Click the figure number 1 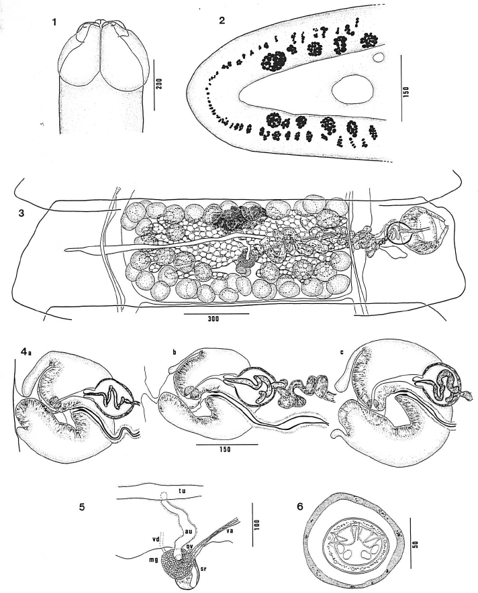pos(55,22)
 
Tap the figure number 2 pos(222,20)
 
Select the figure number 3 pos(21,213)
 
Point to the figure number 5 pos(81,506)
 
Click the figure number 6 pos(300,506)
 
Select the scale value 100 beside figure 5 pos(256,525)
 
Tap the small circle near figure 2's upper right pos(379,58)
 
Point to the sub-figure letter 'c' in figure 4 pos(342,352)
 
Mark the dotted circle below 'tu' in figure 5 pos(164,495)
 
